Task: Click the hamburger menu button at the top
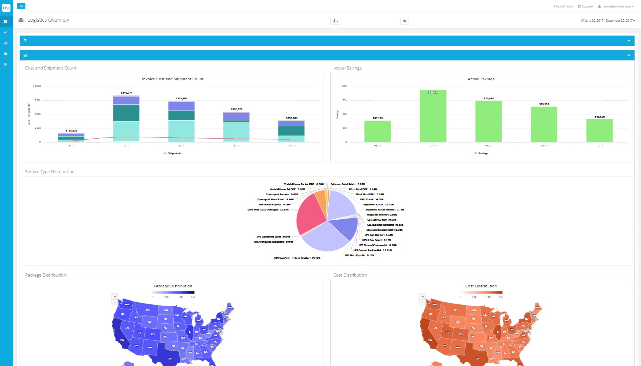point(21,6)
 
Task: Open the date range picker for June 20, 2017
point(608,21)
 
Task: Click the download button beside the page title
point(335,21)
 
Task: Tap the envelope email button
point(404,21)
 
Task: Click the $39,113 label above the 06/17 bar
point(377,118)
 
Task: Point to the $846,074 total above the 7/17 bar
point(127,93)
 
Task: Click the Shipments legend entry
point(173,153)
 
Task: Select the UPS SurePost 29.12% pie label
point(297,258)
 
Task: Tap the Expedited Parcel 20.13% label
point(378,205)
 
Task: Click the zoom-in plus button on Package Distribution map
point(115,297)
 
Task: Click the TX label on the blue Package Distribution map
point(170,359)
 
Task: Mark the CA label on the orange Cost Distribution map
point(430,340)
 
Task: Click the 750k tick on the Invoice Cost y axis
point(38,100)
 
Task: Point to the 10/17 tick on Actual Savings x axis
point(599,146)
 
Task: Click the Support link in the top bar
point(585,6)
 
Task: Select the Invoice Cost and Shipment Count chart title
point(173,79)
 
